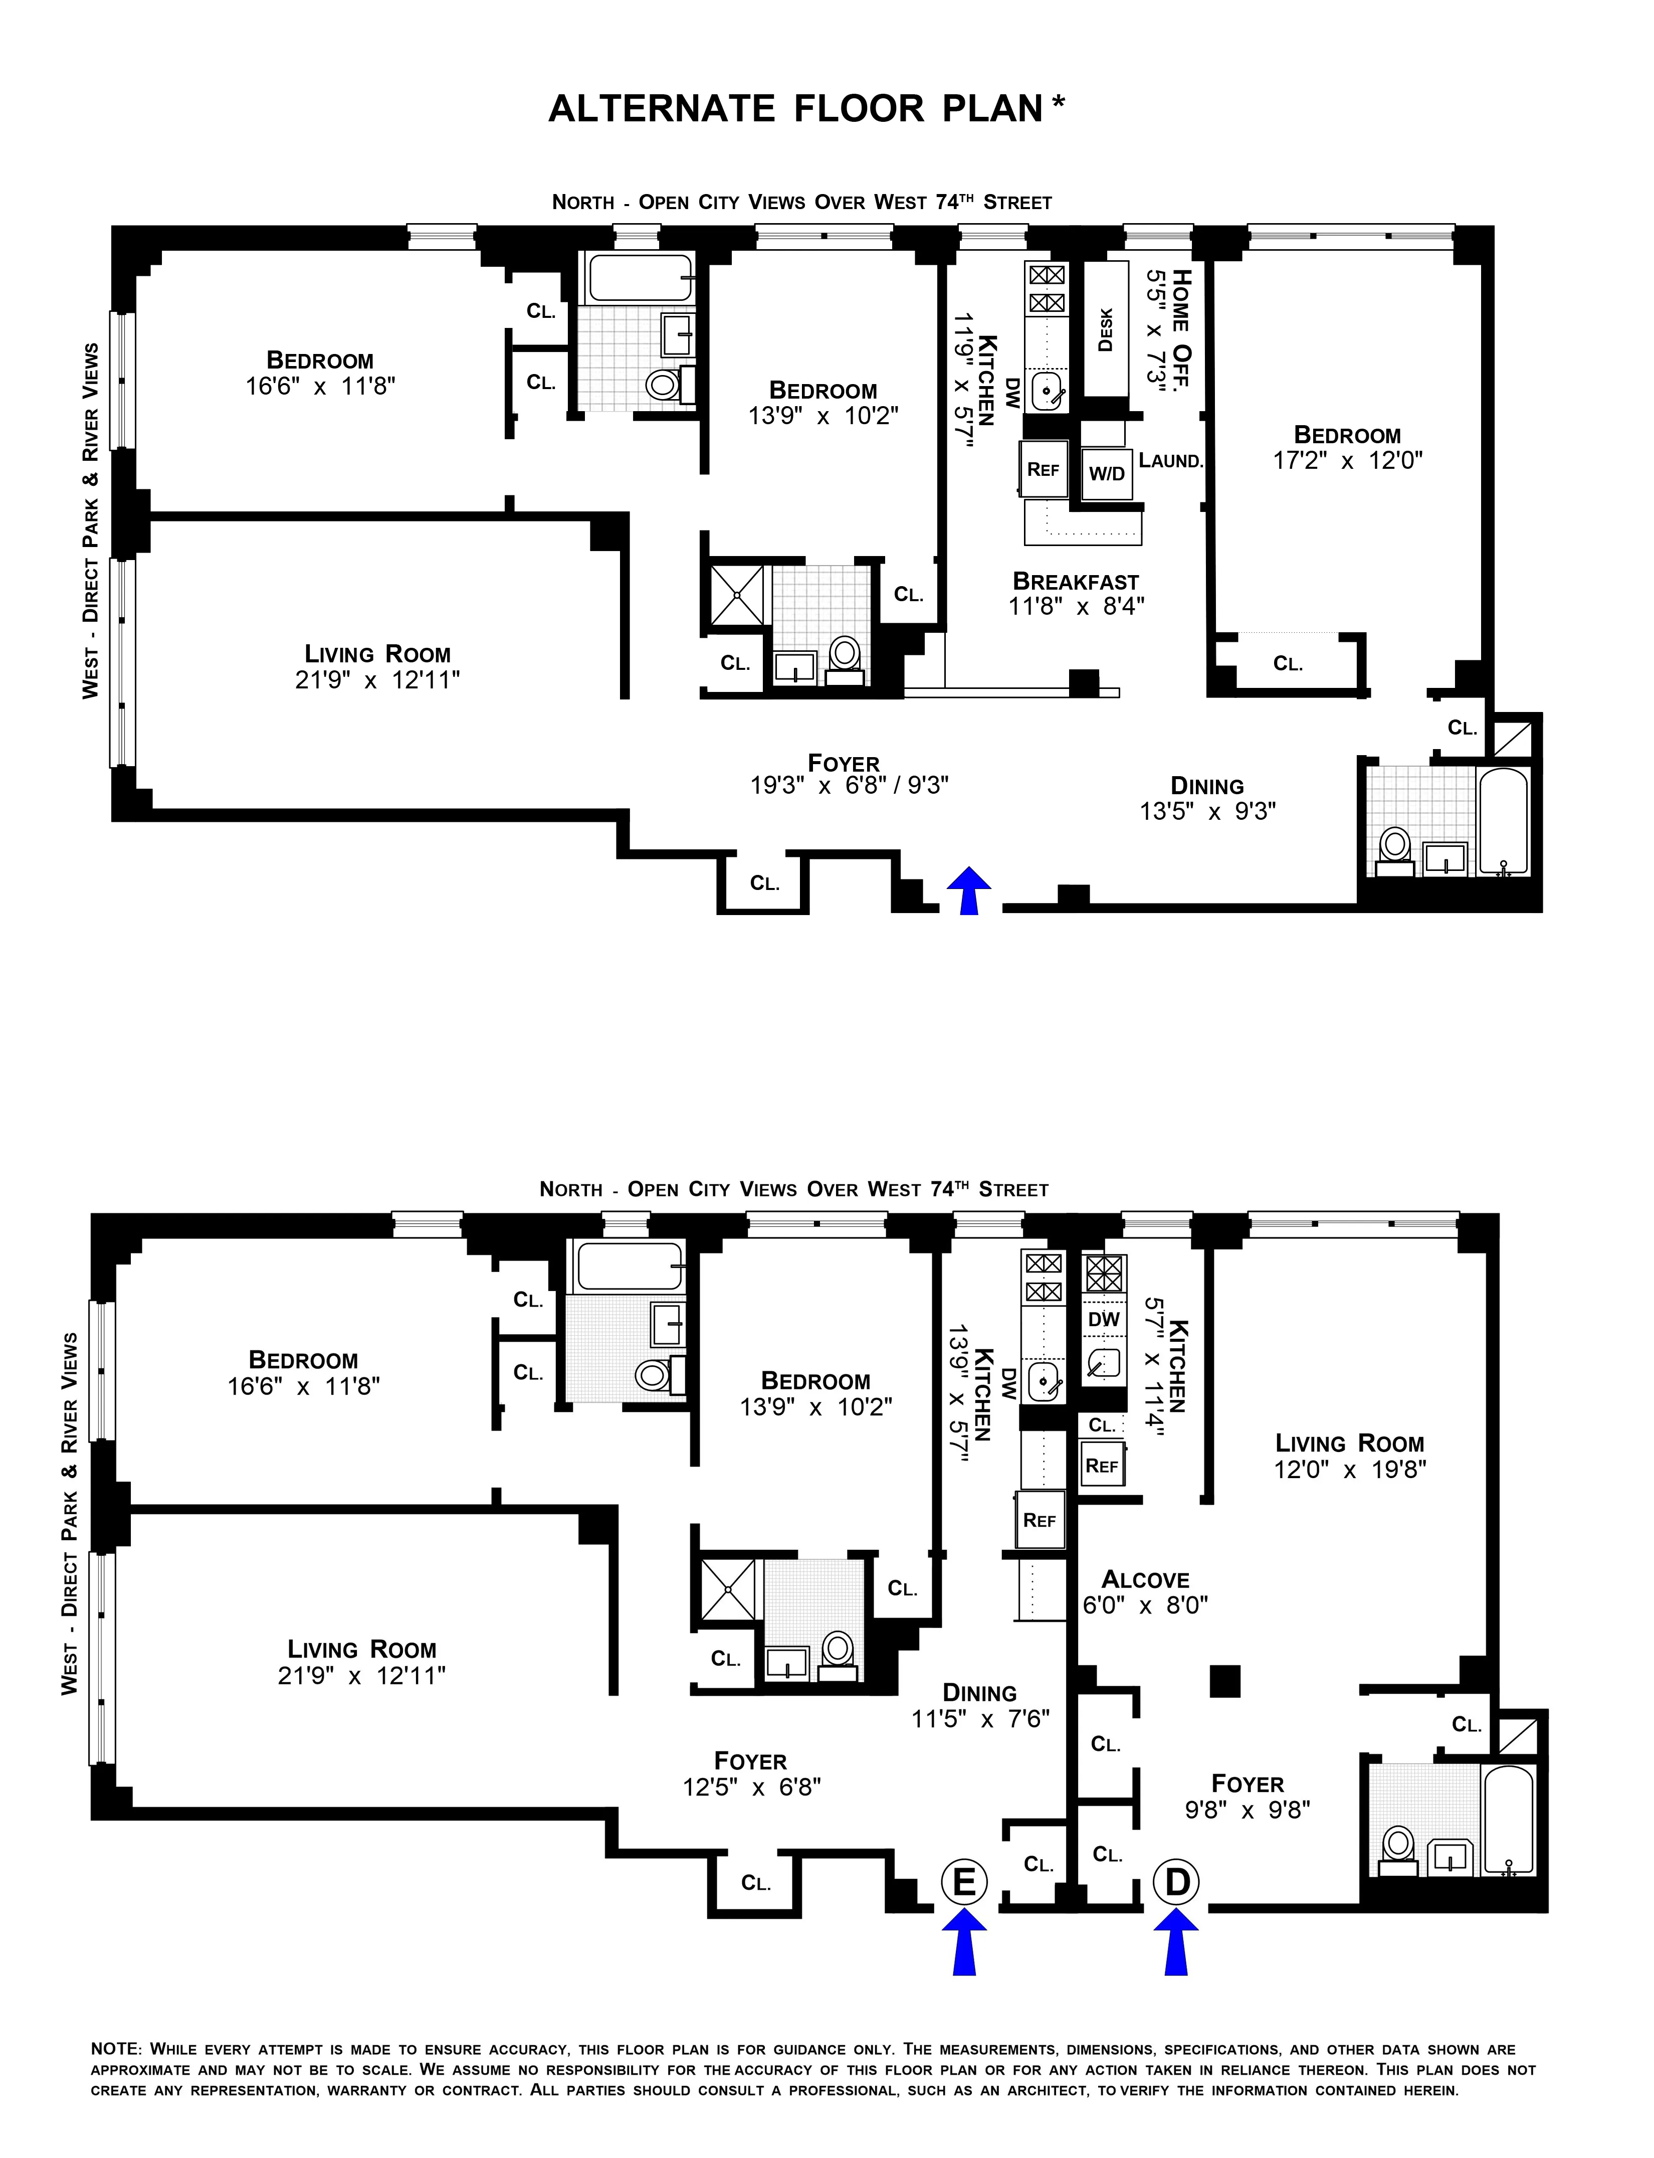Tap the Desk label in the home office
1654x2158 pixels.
(1106, 330)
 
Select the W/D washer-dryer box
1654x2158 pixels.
(1107, 474)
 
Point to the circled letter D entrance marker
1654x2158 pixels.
(1176, 1882)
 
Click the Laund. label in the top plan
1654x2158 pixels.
(1171, 460)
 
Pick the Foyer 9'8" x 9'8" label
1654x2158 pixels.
(1248, 1796)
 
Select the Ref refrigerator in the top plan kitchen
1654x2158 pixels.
(1043, 470)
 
